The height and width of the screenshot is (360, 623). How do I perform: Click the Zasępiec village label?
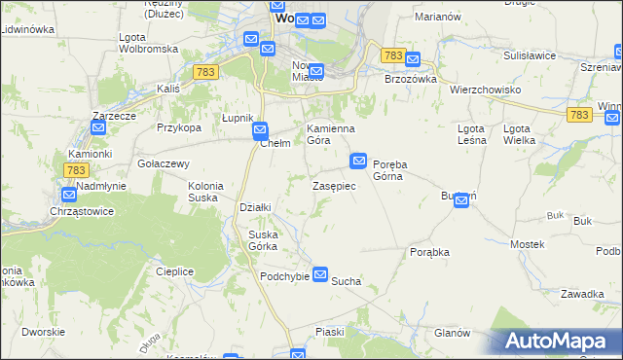click(340, 185)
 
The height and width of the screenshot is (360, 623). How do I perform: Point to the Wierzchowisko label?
click(486, 89)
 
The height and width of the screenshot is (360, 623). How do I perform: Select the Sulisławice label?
click(528, 55)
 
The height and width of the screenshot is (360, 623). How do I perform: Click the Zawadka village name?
click(582, 294)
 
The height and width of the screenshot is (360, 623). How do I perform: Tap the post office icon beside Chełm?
click(260, 128)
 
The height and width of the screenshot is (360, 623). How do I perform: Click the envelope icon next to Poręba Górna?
click(358, 159)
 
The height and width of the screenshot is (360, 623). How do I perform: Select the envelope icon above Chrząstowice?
click(69, 195)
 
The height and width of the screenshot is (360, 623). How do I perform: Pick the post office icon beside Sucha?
click(319, 275)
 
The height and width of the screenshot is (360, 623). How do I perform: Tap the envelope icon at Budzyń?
click(461, 201)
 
